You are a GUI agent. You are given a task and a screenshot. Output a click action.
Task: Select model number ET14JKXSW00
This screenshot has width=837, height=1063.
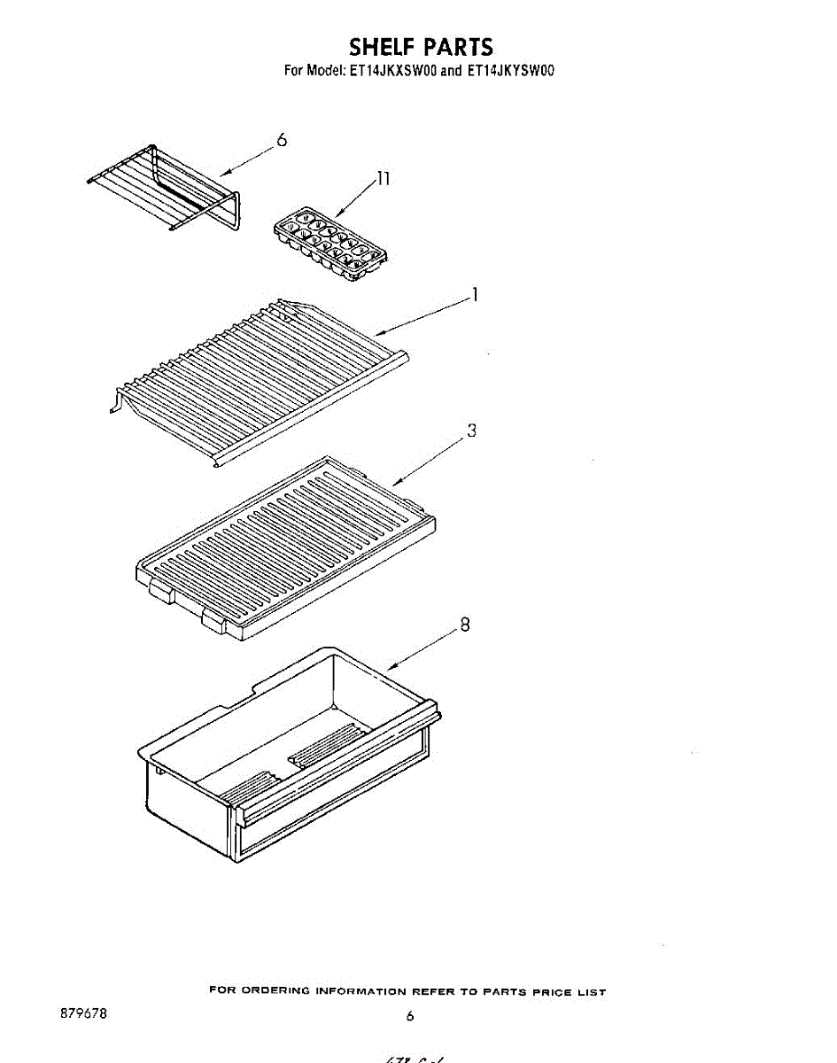pos(392,72)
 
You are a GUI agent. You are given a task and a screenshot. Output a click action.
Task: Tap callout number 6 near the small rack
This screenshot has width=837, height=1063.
pos(282,140)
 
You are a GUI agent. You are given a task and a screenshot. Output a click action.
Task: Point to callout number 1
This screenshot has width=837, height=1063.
pos(475,295)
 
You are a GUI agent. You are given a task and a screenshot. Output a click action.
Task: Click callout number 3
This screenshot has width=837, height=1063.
pos(472,431)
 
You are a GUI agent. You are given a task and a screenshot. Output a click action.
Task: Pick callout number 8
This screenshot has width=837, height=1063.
pos(464,625)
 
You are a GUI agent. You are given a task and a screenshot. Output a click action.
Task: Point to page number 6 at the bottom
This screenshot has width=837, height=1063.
pos(409,1017)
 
